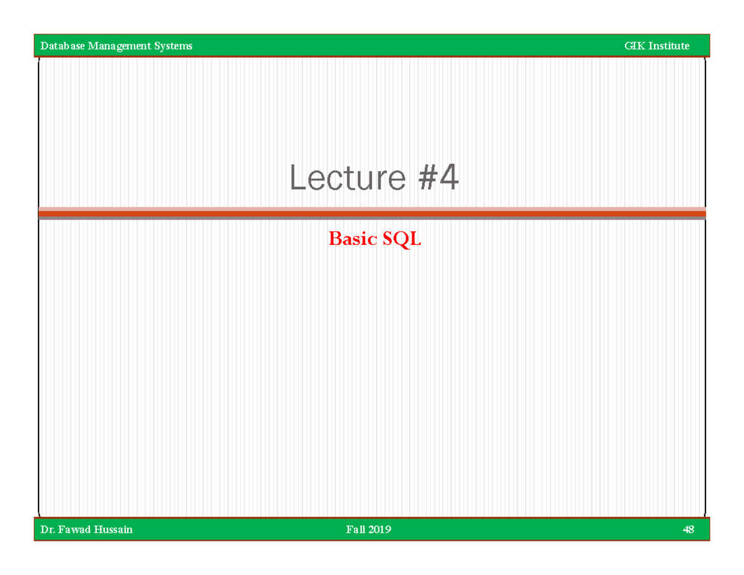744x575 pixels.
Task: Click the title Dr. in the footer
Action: coord(46,530)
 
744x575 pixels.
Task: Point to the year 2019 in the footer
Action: coord(380,530)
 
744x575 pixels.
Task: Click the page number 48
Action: coord(688,530)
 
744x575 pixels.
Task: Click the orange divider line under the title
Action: coord(372,213)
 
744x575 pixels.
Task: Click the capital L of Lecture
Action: coord(298,179)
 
